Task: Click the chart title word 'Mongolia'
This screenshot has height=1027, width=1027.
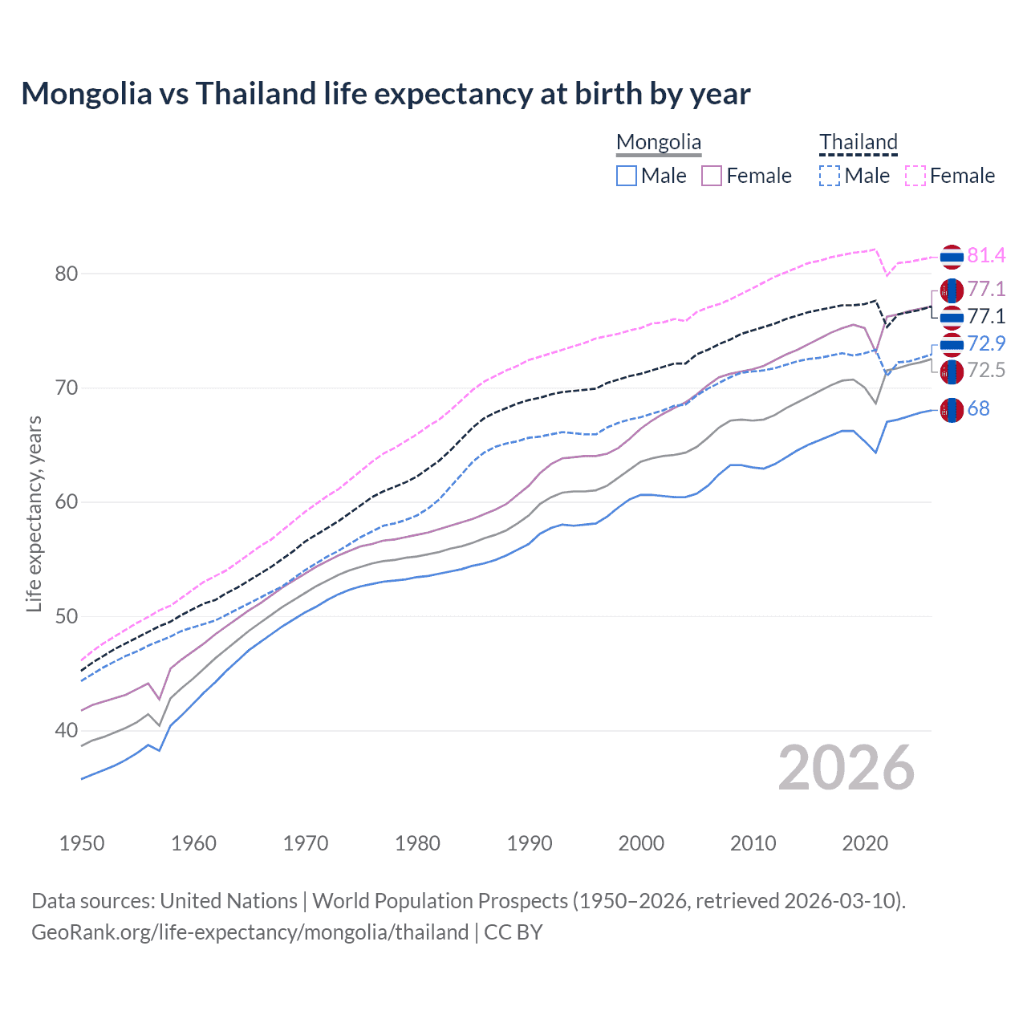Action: pyautogui.click(x=86, y=94)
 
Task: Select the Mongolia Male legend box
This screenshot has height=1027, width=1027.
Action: pyautogui.click(x=627, y=176)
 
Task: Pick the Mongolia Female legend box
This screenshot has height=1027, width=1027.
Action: pyautogui.click(x=712, y=176)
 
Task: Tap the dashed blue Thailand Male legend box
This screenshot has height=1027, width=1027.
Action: pyautogui.click(x=830, y=176)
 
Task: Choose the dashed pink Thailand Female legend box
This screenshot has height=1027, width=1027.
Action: pyautogui.click(x=915, y=176)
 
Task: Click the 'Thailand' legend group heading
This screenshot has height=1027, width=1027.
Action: pyautogui.click(x=858, y=142)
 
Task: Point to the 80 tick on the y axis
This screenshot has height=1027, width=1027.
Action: pyautogui.click(x=67, y=274)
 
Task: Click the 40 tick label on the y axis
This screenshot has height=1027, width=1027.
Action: pyautogui.click(x=67, y=730)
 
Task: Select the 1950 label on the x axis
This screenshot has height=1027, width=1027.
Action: pyautogui.click(x=82, y=843)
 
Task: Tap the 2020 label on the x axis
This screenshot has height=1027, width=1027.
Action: pyautogui.click(x=865, y=843)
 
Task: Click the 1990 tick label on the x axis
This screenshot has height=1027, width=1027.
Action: pyautogui.click(x=530, y=843)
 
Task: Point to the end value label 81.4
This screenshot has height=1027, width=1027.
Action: pyautogui.click(x=986, y=255)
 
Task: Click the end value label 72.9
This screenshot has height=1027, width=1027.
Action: pyautogui.click(x=986, y=343)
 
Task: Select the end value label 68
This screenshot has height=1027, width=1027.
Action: pyautogui.click(x=978, y=408)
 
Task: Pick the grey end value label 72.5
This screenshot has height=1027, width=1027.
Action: pyautogui.click(x=986, y=370)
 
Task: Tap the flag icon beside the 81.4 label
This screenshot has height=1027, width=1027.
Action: pyautogui.click(x=952, y=257)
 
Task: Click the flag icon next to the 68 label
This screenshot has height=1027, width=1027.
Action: pyautogui.click(x=952, y=410)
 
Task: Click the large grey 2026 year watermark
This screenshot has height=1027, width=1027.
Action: pyautogui.click(x=846, y=768)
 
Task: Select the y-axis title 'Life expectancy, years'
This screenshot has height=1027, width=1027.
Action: pyautogui.click(x=34, y=513)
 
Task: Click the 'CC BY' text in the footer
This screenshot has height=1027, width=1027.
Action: pyautogui.click(x=513, y=932)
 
